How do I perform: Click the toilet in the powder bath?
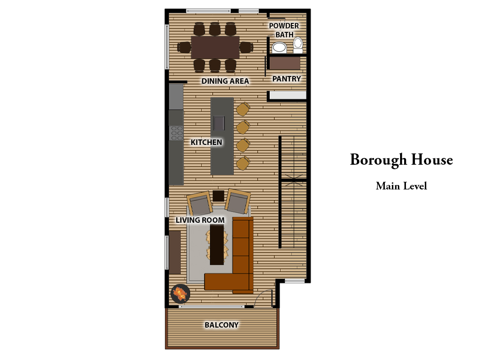tap(298, 45)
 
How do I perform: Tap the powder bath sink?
tap(280, 47)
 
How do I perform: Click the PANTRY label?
tap(286, 79)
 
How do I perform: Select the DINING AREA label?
tap(225, 81)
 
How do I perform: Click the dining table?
tap(215, 47)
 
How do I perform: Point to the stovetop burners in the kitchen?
tap(176, 133)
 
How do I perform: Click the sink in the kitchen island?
tap(219, 122)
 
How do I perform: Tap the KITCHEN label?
tap(206, 142)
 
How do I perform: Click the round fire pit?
tap(180, 293)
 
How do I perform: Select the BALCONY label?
tap(221, 325)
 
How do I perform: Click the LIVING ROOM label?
tap(200, 220)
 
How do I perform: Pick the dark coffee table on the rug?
tap(217, 244)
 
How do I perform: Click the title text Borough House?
tap(401, 160)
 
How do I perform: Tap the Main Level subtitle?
tap(401, 186)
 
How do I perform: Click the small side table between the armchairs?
tap(218, 196)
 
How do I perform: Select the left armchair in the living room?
tap(200, 203)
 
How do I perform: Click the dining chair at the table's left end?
tap(184, 47)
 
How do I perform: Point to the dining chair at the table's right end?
tap(246, 47)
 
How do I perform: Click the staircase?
tap(293, 191)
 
